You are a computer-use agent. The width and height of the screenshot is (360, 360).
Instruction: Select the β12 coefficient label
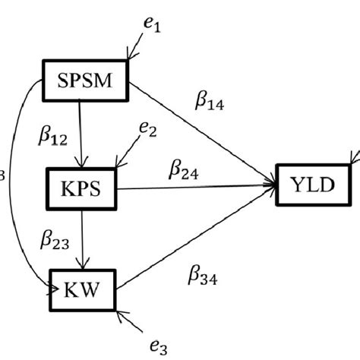pyautogui.click(x=54, y=136)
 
